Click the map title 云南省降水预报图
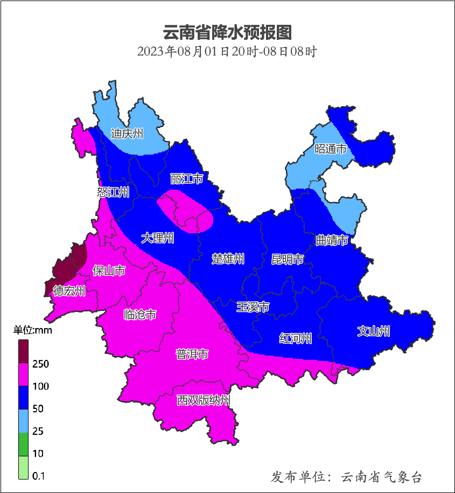[x=227, y=33]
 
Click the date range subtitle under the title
[x=227, y=52]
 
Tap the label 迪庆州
[x=127, y=134]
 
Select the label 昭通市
[x=330, y=149]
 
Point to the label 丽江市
[x=186, y=178]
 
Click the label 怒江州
[x=113, y=192]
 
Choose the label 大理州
[x=158, y=238]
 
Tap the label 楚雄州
[x=228, y=259]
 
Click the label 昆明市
[x=287, y=259]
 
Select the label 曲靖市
[x=332, y=240]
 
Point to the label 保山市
[x=109, y=270]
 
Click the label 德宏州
[x=69, y=291]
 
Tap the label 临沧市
[x=140, y=315]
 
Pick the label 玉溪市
[x=253, y=307]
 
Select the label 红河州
[x=296, y=338]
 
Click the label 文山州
[x=374, y=331]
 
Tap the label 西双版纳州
[x=204, y=400]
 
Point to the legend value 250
[x=40, y=364]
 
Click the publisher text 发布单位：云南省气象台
[x=346, y=477]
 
